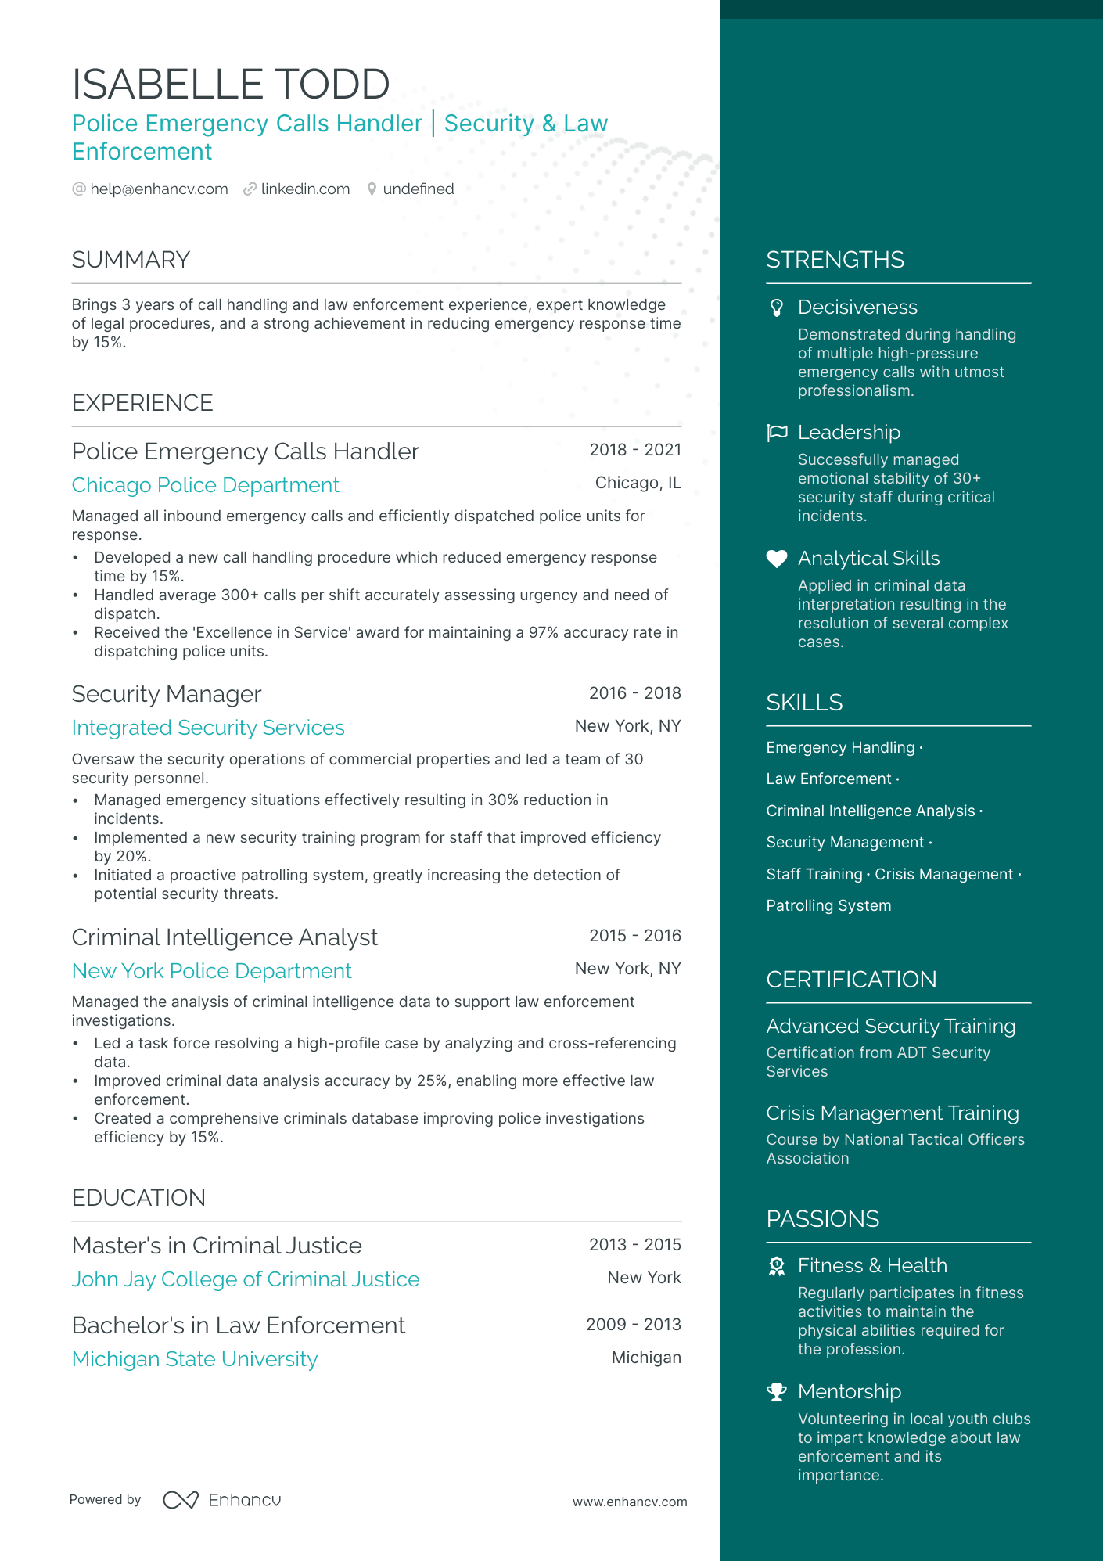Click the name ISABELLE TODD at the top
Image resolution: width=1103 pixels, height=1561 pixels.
click(231, 85)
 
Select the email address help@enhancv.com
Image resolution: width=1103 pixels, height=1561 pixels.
click(159, 189)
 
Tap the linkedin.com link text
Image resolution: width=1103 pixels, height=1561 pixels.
click(305, 189)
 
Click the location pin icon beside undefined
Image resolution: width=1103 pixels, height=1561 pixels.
click(372, 189)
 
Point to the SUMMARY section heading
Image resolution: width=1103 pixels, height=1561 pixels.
click(131, 260)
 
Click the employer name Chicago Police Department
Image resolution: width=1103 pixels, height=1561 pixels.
click(205, 486)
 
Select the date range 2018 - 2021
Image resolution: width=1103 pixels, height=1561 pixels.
click(634, 450)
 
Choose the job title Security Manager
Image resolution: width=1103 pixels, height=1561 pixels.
click(166, 695)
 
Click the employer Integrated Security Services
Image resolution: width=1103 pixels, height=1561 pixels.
click(208, 728)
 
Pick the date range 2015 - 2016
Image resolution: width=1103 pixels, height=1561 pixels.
click(634, 936)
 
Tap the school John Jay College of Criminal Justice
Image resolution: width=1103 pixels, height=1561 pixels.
click(246, 1280)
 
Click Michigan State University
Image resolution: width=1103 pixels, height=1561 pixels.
click(195, 1360)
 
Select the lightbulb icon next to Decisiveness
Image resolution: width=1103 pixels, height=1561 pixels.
click(777, 308)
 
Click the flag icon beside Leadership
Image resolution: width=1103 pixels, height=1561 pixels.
click(777, 433)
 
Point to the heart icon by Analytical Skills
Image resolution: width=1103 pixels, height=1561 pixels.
click(777, 559)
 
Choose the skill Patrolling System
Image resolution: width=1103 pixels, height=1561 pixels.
click(828, 906)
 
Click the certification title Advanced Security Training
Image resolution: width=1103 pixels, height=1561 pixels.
click(890, 1027)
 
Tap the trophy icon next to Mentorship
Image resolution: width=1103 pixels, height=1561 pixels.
click(777, 1392)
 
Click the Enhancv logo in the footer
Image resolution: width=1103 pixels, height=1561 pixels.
click(222, 1500)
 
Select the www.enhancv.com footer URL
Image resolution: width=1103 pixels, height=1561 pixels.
click(630, 1502)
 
